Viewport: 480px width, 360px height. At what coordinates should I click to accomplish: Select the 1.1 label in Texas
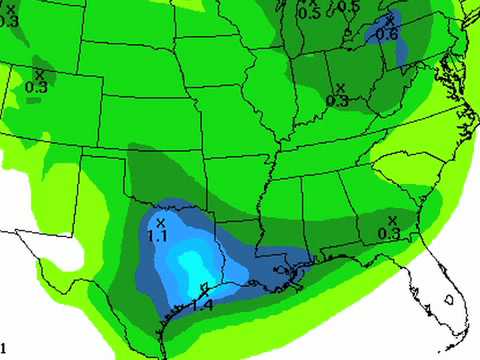(158, 235)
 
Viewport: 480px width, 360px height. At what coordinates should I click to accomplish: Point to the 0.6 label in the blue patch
(387, 36)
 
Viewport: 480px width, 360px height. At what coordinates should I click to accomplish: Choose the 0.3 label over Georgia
(390, 233)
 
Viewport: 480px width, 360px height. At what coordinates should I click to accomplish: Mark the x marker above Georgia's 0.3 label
(392, 220)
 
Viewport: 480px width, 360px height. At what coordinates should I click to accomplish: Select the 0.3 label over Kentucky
(337, 101)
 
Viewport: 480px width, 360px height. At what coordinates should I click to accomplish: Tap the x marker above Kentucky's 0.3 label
(340, 88)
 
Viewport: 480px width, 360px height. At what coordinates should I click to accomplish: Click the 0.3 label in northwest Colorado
(36, 87)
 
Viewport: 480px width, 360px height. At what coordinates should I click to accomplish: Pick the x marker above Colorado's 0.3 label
(39, 74)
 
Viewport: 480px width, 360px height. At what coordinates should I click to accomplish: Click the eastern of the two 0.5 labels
(347, 7)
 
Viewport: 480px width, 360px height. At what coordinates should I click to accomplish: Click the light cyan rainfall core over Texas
(187, 262)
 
